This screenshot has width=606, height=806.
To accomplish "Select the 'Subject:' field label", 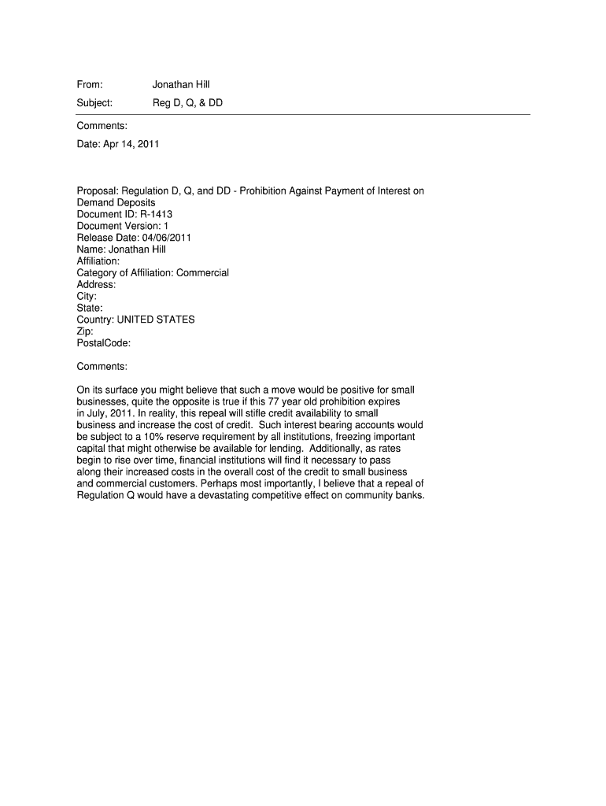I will (94, 102).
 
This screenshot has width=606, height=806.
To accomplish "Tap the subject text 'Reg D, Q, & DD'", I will (187, 102).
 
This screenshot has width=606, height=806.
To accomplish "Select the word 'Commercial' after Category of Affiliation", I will (202, 273).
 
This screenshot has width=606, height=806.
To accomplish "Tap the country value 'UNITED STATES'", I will (156, 320).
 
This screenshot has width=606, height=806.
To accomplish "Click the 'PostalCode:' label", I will (104, 343).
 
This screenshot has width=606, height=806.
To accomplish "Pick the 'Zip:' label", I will (85, 331).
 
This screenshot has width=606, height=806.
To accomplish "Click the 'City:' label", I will (87, 297).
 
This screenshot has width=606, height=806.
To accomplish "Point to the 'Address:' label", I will (96, 285).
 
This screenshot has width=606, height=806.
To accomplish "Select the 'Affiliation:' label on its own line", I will (98, 261).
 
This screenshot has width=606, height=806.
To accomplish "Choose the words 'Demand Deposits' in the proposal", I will (116, 202).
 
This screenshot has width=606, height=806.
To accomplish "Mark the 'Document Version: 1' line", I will (123, 226).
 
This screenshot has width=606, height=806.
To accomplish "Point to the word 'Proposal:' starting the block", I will (98, 190).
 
